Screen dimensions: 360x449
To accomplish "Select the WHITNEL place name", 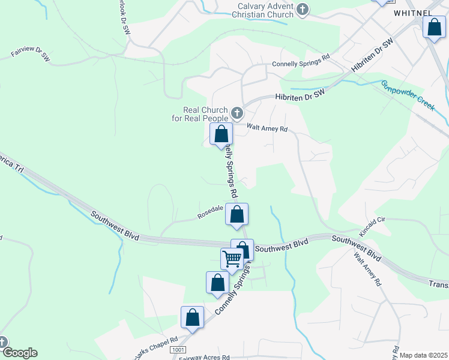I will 413,12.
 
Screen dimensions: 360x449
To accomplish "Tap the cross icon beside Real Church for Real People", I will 237,112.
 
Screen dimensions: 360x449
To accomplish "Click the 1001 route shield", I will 177,349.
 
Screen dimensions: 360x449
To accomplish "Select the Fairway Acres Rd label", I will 204,357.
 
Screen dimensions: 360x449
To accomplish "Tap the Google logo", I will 19,353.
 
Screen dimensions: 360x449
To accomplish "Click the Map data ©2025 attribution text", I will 423,355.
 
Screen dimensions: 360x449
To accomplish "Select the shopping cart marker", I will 232,259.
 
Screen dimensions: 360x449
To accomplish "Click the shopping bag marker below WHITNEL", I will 433,28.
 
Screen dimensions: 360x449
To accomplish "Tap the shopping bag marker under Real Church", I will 221,134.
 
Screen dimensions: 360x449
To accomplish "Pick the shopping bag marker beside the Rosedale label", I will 237,214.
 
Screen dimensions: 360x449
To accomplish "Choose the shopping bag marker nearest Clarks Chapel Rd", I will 192,317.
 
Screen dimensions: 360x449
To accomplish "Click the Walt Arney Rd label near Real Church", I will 268,128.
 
